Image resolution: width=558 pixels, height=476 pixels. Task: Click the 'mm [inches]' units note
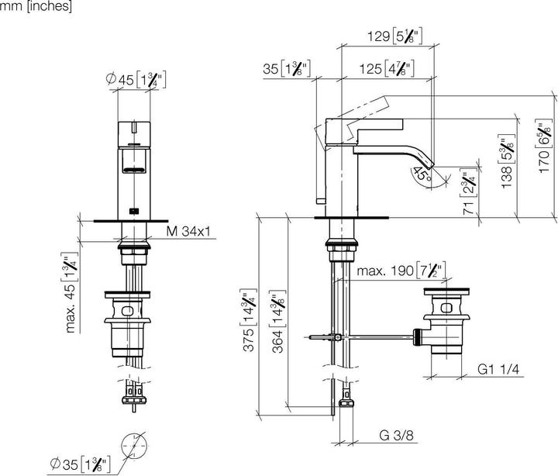pyautogui.click(x=36, y=6)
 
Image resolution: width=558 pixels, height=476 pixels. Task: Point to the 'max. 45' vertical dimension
pyautogui.click(x=72, y=293)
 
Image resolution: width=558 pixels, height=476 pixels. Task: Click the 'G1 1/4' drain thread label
pyautogui.click(x=498, y=370)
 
